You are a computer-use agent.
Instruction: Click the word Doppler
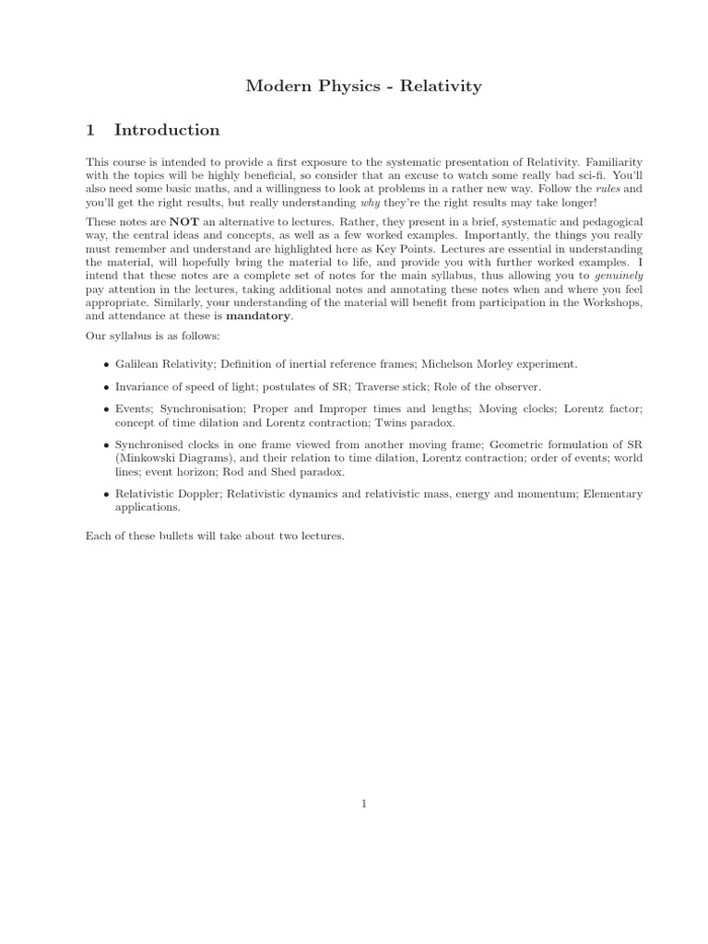point(194,494)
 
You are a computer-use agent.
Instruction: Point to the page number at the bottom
point(365,804)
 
